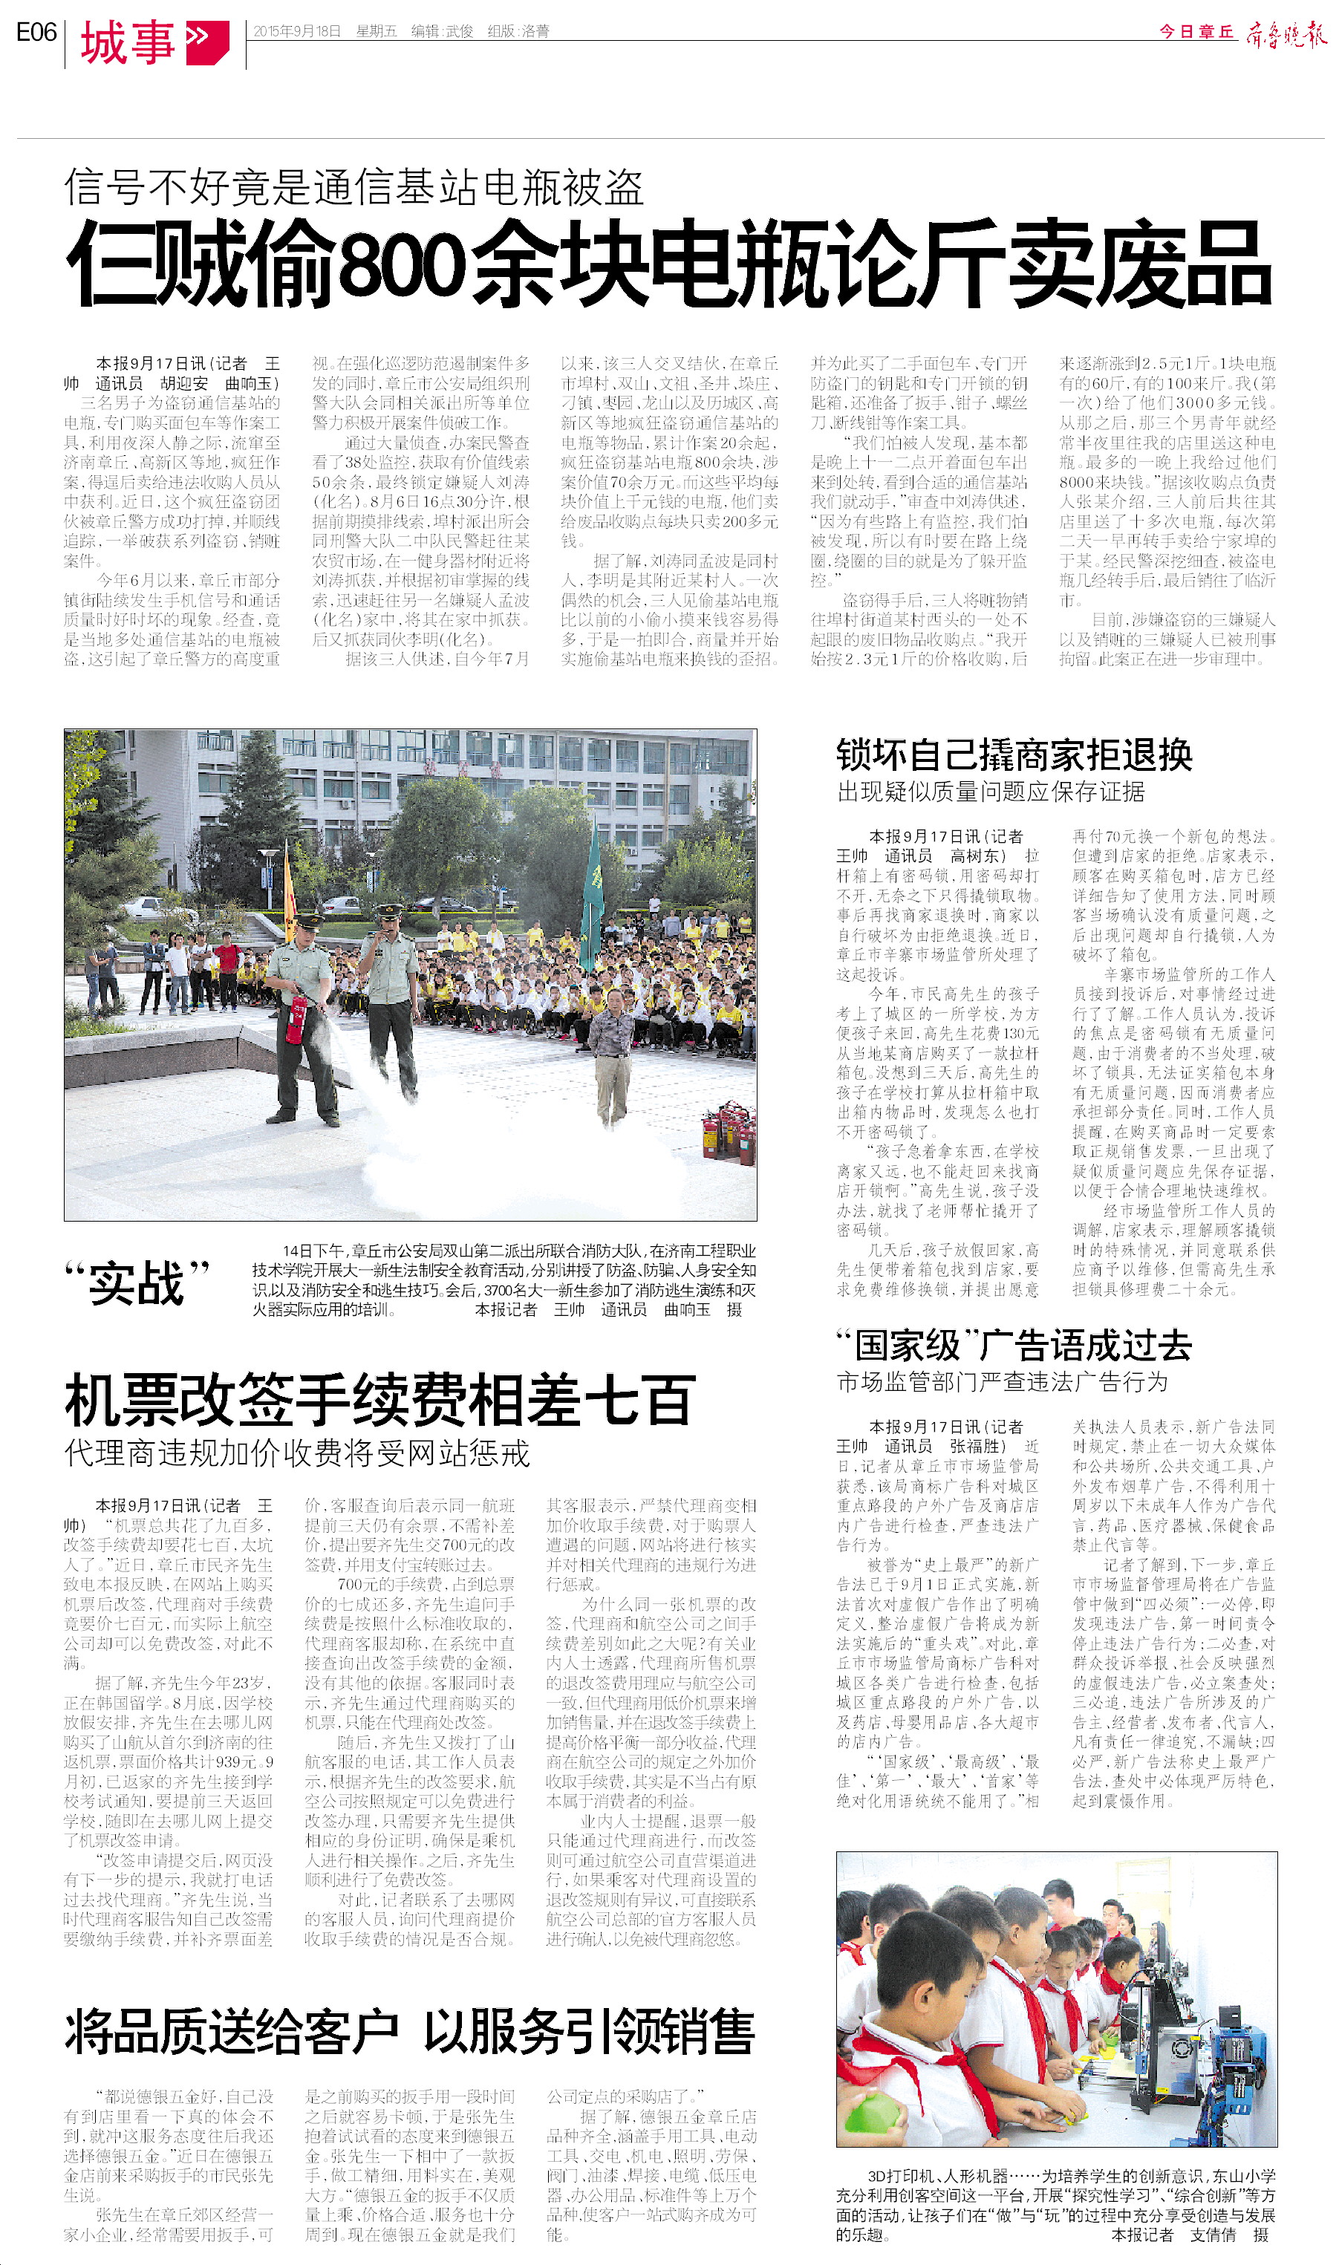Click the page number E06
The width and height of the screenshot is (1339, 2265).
click(x=36, y=33)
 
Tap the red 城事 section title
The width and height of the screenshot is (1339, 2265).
click(x=127, y=42)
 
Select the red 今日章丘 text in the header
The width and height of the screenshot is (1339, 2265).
click(x=1196, y=32)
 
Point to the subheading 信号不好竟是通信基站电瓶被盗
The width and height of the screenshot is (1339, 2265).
click(x=354, y=188)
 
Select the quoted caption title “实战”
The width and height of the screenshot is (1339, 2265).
click(x=137, y=1282)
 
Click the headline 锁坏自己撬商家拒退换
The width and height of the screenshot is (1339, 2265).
click(x=1014, y=756)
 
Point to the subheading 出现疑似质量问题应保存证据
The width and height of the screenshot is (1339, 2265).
click(x=991, y=792)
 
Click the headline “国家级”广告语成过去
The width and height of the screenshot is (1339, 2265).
click(x=1014, y=1345)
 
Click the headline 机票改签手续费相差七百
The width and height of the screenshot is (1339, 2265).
click(x=379, y=1400)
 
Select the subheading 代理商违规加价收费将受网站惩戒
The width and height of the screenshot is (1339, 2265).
click(x=297, y=1453)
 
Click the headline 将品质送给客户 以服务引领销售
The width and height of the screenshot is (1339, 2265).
click(x=408, y=2033)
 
